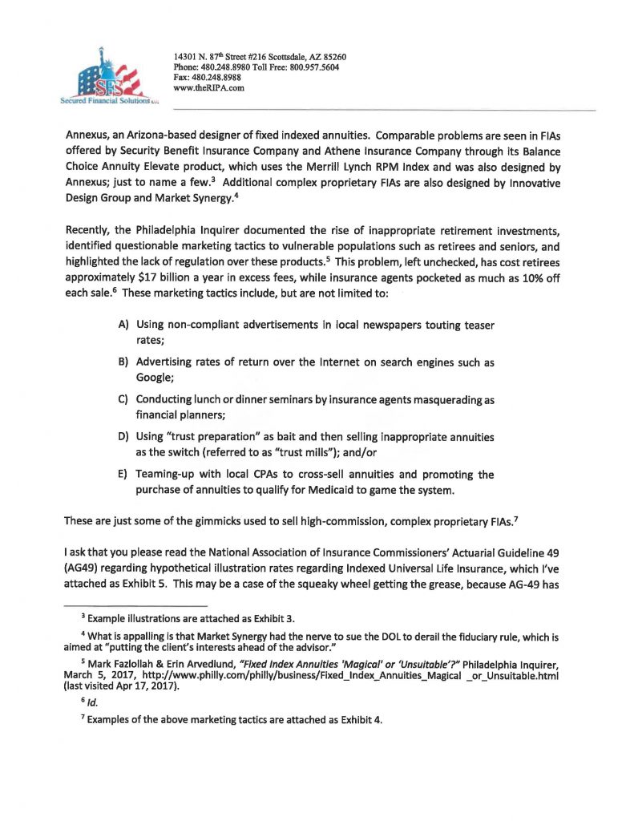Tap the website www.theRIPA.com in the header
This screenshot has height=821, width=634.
(x=208, y=88)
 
